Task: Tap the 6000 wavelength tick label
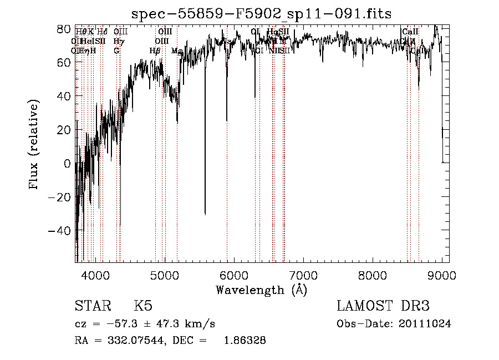[x=234, y=275]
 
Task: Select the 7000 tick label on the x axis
[x=303, y=275]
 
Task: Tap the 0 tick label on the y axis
[x=67, y=164]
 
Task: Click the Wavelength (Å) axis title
[x=261, y=290]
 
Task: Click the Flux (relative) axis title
[x=35, y=145]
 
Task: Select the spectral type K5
[x=143, y=307]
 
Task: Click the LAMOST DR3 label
[x=383, y=307]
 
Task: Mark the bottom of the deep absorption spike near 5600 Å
[x=205, y=214]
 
